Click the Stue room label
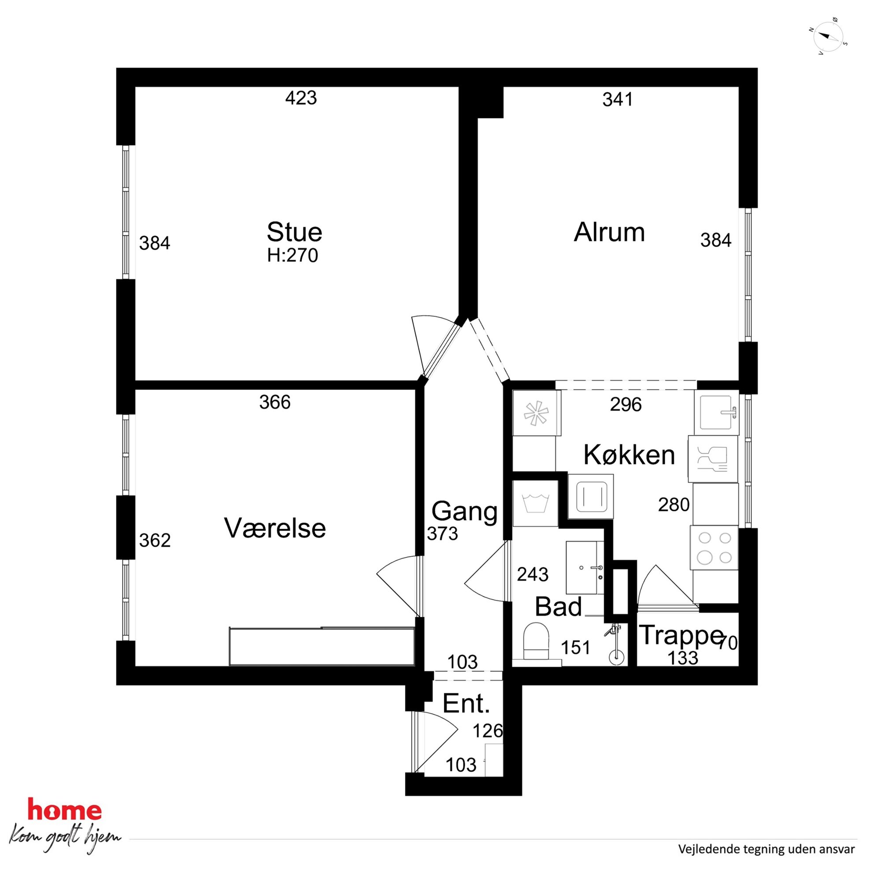pos(295,232)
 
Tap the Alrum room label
pos(609,232)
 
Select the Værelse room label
pos(275,528)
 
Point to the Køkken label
pos(629,455)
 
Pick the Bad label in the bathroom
pos(558,607)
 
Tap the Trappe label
pos(681,636)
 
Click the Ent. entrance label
pos(466,704)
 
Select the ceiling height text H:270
pos(293,256)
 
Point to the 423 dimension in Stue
pos(301,98)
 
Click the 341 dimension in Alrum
pos(618,99)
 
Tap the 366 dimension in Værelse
pos(274,402)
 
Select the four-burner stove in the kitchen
pos(714,548)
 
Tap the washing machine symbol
pos(535,504)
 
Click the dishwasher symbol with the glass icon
pos(713,459)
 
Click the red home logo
pos(65,810)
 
